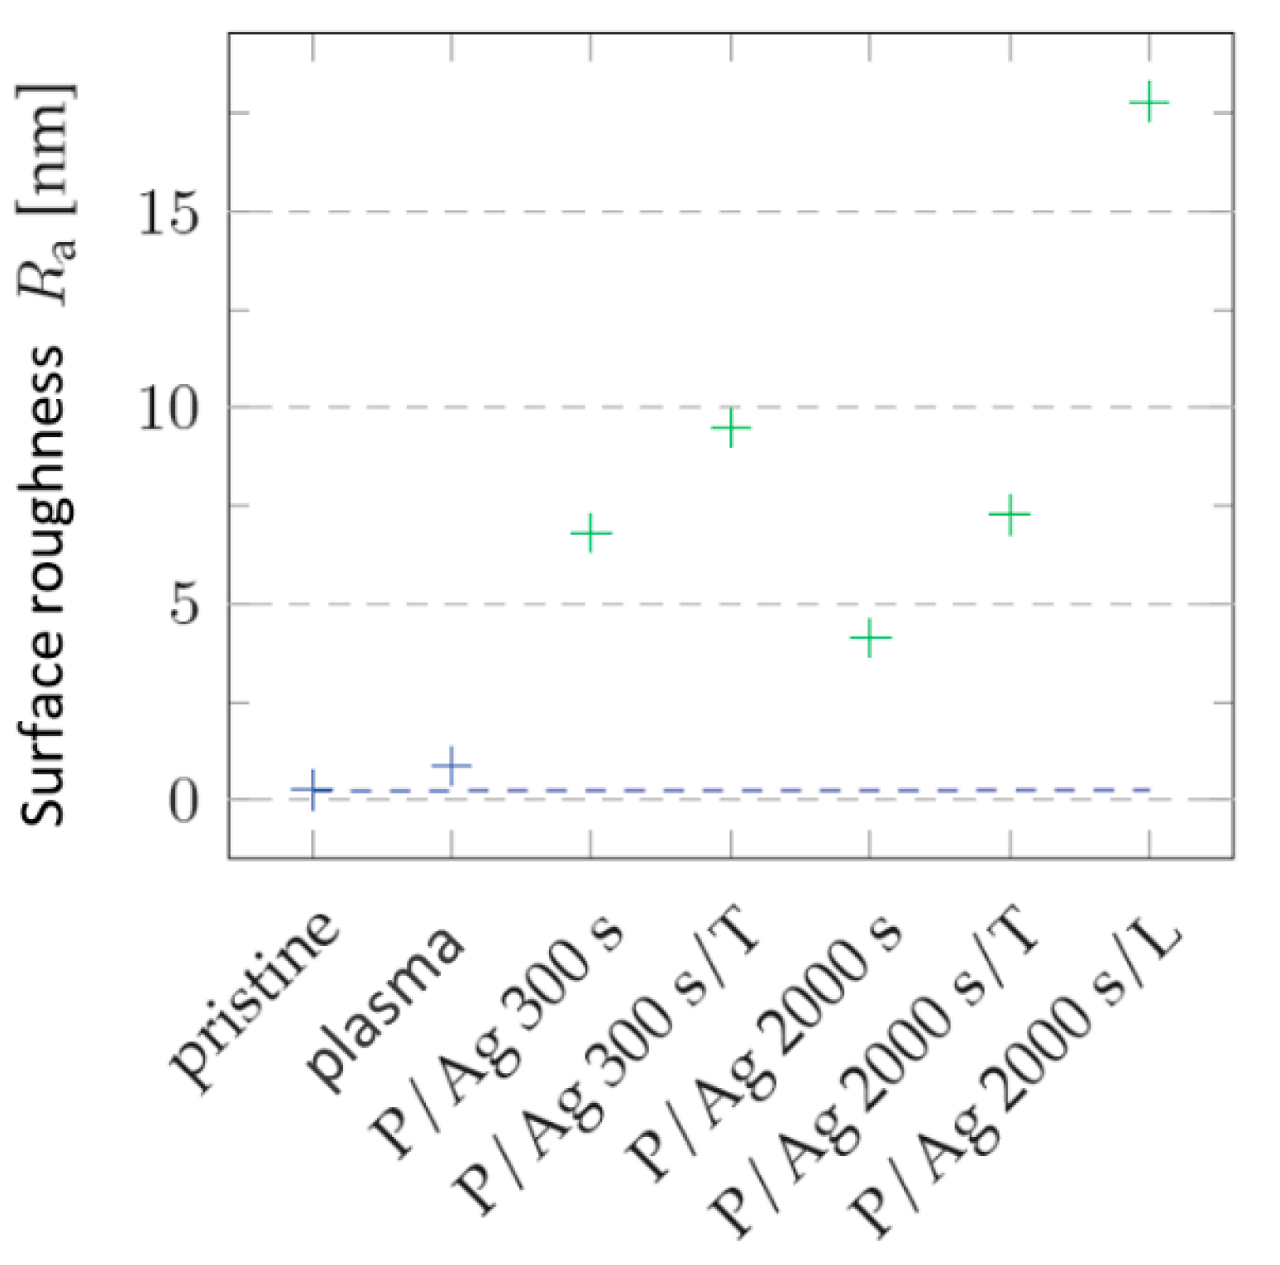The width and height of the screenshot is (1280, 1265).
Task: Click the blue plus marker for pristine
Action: pyautogui.click(x=313, y=790)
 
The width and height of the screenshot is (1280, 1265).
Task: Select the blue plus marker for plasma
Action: pyautogui.click(x=451, y=766)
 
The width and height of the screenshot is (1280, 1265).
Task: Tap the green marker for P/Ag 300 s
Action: pyautogui.click(x=590, y=533)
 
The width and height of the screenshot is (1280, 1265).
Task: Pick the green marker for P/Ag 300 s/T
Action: pyautogui.click(x=730, y=427)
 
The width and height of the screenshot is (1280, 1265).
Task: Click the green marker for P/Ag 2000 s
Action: pyautogui.click(x=870, y=638)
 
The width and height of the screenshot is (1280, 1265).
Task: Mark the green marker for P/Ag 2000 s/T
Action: pyautogui.click(x=1010, y=515)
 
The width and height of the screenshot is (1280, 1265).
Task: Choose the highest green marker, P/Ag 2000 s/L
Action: pyautogui.click(x=1149, y=103)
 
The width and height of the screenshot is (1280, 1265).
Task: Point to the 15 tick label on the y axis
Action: pyautogui.click(x=169, y=213)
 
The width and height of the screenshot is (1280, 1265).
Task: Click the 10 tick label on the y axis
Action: pyautogui.click(x=169, y=408)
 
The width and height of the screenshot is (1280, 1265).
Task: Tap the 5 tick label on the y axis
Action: pyautogui.click(x=185, y=606)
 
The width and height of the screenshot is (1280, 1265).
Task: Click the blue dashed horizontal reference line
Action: pyautogui.click(x=744, y=790)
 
